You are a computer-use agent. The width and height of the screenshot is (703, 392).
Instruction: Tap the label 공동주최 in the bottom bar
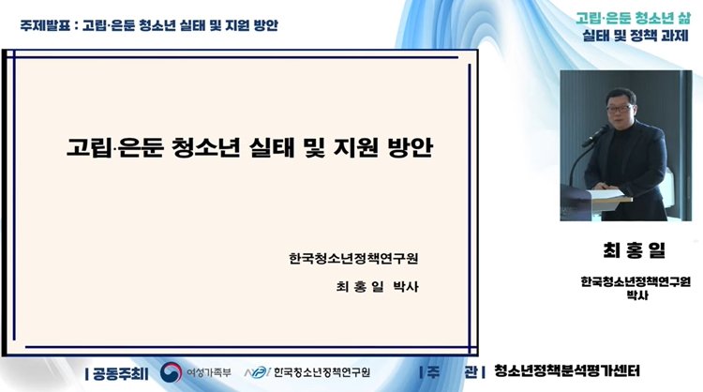tap(120, 371)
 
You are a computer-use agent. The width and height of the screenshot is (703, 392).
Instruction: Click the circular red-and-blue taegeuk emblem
tap(172, 371)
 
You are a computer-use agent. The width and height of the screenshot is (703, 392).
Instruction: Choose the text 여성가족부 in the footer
tap(207, 372)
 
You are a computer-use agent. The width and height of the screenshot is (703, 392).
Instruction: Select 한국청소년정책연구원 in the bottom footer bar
tap(322, 372)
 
